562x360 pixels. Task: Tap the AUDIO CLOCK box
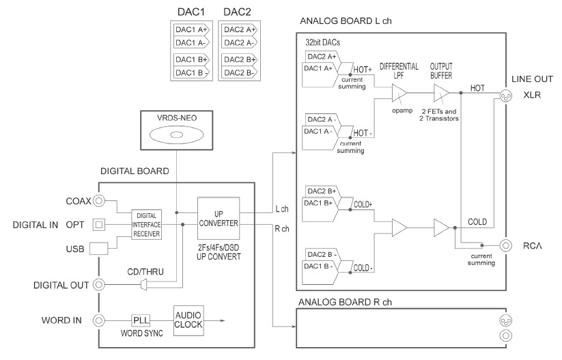click(x=188, y=320)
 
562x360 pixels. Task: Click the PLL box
click(x=141, y=320)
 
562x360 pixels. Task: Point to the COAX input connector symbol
click(x=100, y=201)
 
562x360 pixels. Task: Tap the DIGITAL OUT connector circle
click(x=100, y=285)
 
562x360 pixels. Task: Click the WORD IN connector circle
click(x=100, y=320)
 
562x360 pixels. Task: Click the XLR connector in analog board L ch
click(x=507, y=95)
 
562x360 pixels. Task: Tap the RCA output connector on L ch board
click(x=507, y=245)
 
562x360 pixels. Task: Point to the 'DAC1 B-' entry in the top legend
click(x=192, y=72)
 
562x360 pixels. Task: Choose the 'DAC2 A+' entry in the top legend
click(x=238, y=29)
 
